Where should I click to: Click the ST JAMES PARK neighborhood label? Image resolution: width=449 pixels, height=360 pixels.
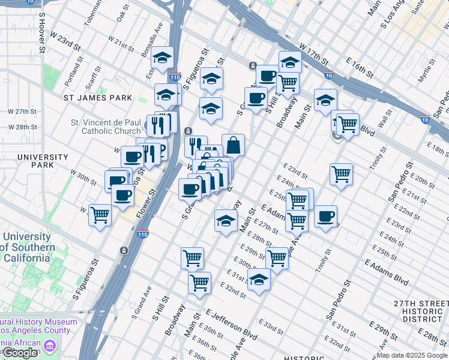[98, 97]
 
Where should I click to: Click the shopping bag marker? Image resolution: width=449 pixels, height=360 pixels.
[233, 145]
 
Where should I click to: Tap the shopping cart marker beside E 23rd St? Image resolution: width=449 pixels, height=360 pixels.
[341, 175]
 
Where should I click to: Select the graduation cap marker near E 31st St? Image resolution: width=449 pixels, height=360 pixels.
[259, 280]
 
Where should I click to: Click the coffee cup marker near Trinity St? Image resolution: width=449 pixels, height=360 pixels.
[325, 217]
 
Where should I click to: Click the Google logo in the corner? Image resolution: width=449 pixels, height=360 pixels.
[20, 353]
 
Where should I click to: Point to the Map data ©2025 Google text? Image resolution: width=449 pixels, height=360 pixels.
[411, 356]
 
